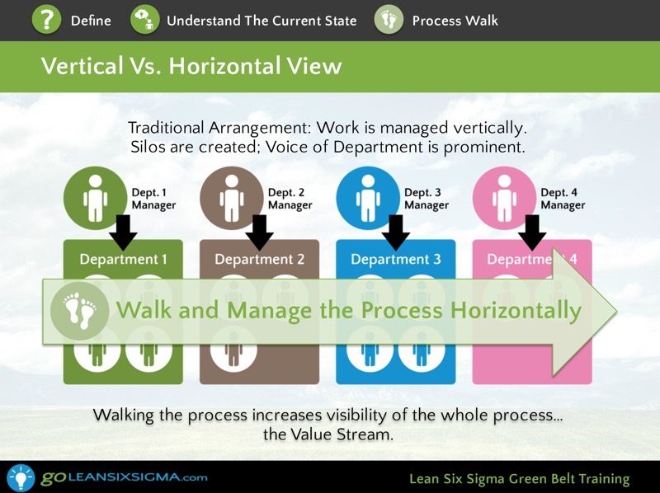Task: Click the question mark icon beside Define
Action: tap(47, 19)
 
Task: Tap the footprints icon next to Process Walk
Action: tap(389, 19)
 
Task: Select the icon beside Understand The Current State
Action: tap(145, 19)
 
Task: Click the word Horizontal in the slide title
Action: tap(223, 66)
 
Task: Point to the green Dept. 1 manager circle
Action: tap(95, 198)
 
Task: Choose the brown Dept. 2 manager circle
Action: tap(232, 198)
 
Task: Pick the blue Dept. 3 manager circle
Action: tap(368, 198)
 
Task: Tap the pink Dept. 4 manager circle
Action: tap(504, 198)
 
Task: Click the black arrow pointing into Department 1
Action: tap(123, 232)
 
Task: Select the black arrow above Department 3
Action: tap(396, 232)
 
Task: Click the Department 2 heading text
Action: tap(259, 259)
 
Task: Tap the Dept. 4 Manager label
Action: tap(563, 199)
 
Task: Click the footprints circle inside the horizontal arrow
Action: tap(79, 312)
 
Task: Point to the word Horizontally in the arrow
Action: tap(516, 311)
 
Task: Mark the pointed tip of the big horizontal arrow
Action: tap(616, 312)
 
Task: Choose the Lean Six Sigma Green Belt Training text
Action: tap(520, 479)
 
